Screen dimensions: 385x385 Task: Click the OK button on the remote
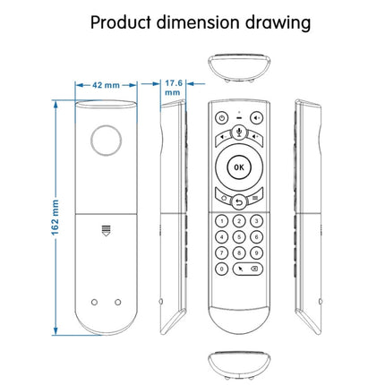point(237,167)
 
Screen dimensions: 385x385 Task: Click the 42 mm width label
point(105,86)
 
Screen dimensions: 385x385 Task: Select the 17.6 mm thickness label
point(175,86)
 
